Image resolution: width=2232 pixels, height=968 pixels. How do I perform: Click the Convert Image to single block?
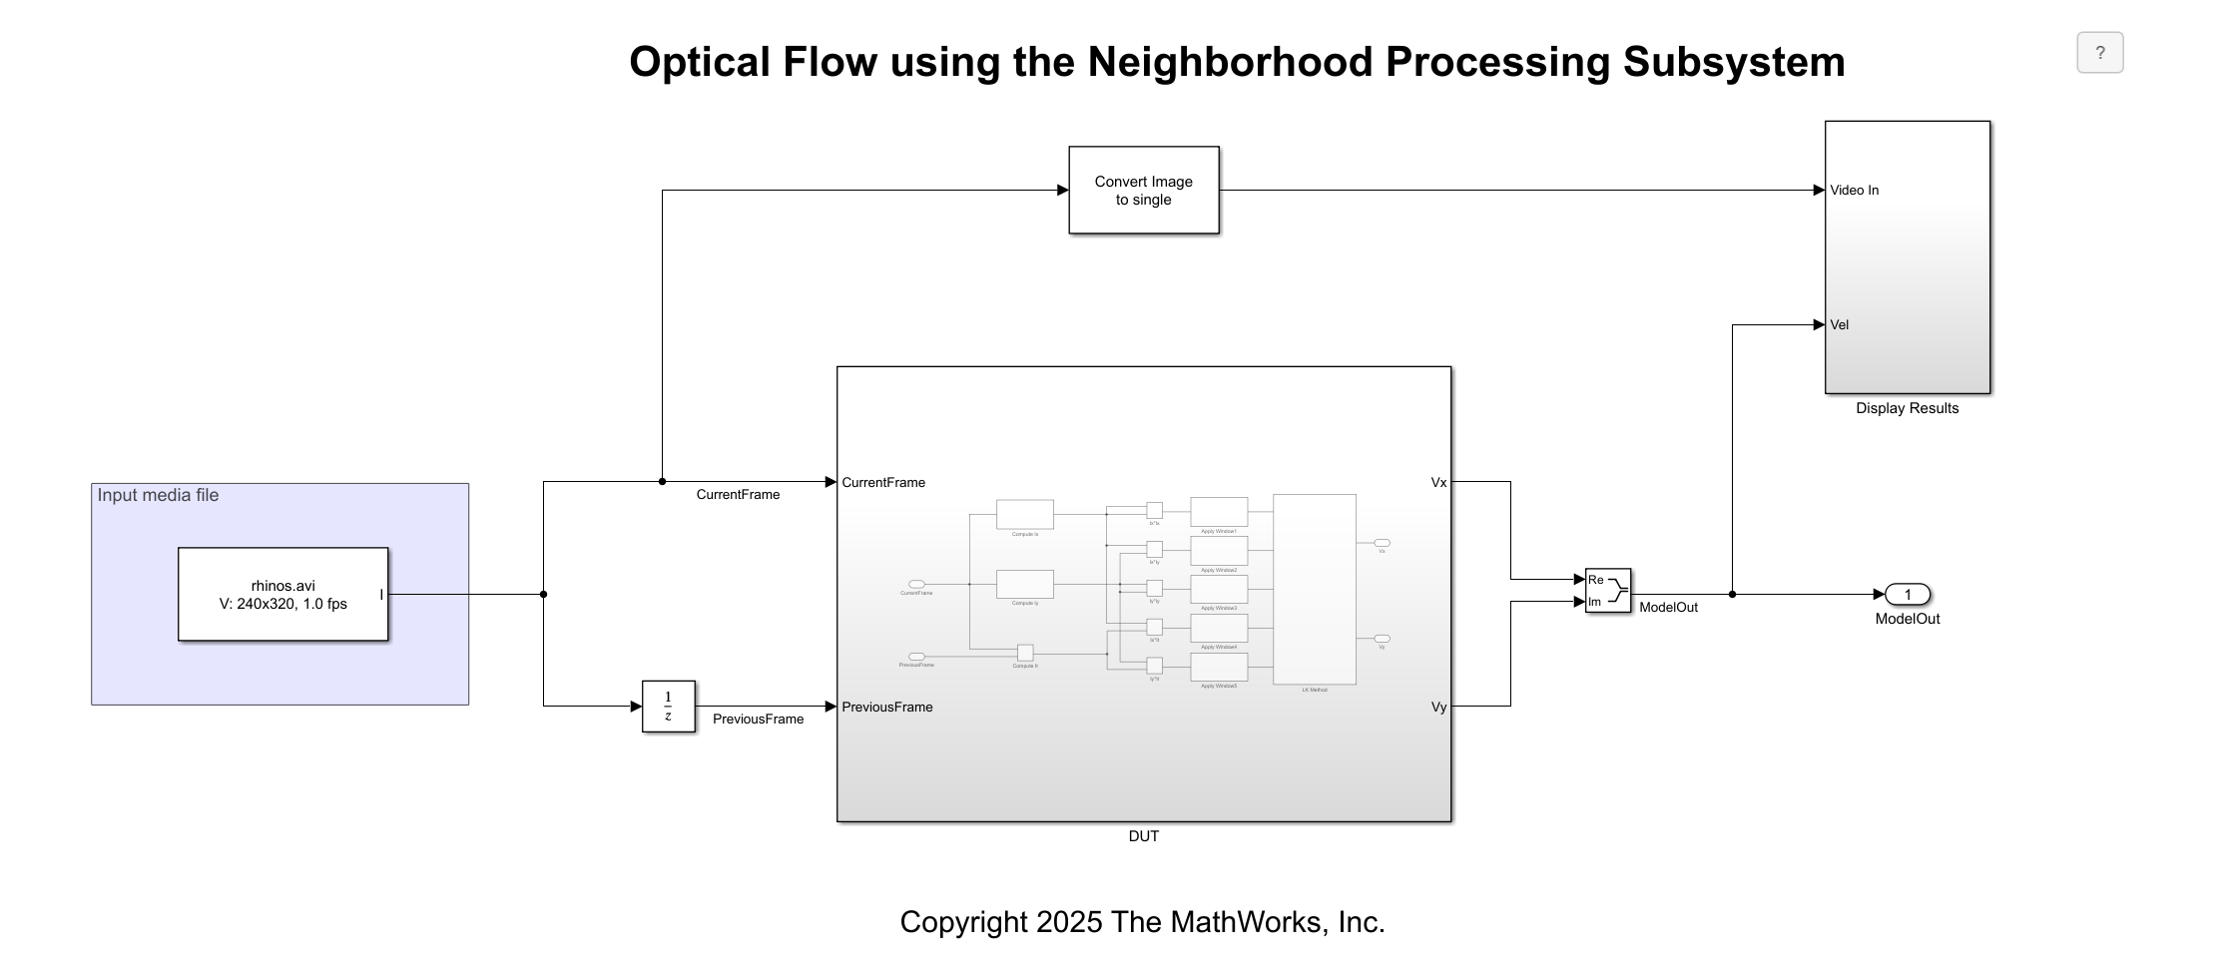pos(1143,191)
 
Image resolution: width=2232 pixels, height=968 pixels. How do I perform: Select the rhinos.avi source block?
pos(282,594)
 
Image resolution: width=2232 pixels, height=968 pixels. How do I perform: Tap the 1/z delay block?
pos(668,707)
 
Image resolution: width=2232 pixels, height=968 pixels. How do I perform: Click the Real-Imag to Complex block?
pos(1607,591)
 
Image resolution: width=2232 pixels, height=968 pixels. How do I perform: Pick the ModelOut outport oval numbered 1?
pos(1907,595)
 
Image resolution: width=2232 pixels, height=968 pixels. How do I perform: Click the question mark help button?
pos(2099,53)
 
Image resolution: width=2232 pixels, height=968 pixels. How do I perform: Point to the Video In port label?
pos(1854,191)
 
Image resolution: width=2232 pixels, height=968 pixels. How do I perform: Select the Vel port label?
pos(1839,325)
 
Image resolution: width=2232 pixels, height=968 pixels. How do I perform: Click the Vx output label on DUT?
pos(1438,483)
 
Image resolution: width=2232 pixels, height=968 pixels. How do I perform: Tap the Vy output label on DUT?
pos(1438,708)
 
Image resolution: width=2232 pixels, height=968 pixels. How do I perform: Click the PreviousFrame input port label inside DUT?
pos(886,708)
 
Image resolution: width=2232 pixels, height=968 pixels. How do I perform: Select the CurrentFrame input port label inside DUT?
pos(882,483)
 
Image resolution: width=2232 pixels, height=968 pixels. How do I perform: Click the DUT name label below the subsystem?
pos(1143,836)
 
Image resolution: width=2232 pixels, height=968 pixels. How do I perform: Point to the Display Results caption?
pos(1907,408)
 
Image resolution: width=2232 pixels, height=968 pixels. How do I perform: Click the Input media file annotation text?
pos(158,496)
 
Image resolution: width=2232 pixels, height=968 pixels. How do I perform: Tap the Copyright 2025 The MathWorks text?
pos(1142,922)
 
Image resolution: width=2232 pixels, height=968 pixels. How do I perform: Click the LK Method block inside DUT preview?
pos(1314,589)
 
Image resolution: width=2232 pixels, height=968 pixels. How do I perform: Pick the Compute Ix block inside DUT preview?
pos(1024,514)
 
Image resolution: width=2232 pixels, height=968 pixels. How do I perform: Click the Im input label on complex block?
pos(1594,602)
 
